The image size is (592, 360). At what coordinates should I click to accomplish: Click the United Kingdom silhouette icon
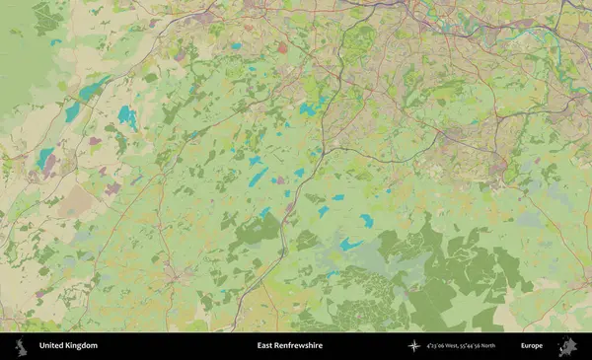[19, 346]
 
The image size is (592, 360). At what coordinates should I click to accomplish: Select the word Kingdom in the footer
[83, 346]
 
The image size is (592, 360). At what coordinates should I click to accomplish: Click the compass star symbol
[413, 346]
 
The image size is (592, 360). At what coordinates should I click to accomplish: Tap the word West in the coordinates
[462, 346]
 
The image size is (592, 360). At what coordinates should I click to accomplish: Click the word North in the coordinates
[513, 346]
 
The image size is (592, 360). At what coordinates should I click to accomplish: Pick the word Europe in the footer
[532, 346]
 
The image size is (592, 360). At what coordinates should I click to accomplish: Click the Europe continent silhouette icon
[567, 346]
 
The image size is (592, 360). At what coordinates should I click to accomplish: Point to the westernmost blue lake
[45, 158]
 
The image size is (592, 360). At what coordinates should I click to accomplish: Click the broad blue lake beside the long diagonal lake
[127, 117]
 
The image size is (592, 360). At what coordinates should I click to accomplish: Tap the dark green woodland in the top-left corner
[45, 18]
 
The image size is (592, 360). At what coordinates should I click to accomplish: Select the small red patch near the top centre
[282, 47]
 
